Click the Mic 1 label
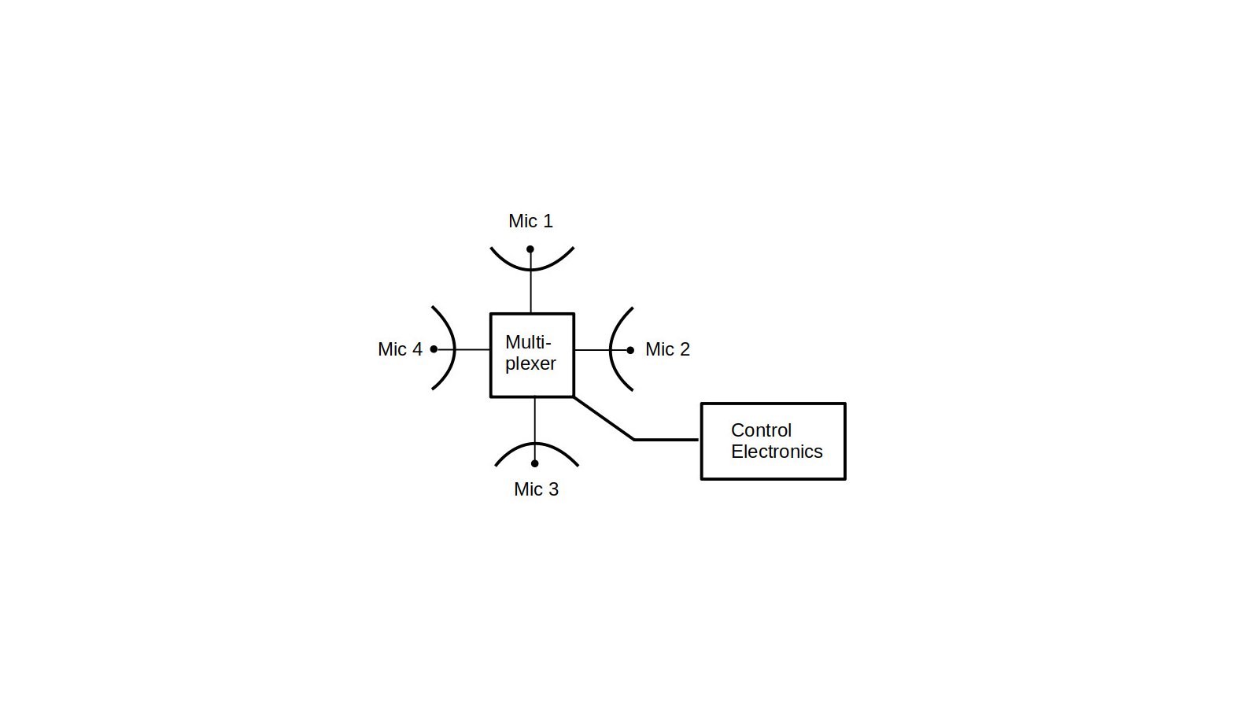click(x=530, y=221)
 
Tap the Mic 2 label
click(x=667, y=349)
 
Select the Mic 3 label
click(x=536, y=489)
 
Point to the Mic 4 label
click(x=400, y=349)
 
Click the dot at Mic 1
click(x=530, y=249)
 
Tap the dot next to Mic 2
click(x=630, y=350)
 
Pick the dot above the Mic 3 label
click(x=534, y=463)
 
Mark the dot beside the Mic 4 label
click(x=434, y=349)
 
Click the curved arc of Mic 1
click(x=532, y=270)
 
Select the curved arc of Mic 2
click(x=611, y=349)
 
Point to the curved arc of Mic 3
click(x=536, y=444)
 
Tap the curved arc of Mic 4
click(x=454, y=348)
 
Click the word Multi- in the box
click(x=528, y=342)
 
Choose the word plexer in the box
click(x=530, y=364)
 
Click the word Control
click(x=761, y=430)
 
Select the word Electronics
click(x=777, y=452)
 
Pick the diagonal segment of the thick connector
click(x=604, y=418)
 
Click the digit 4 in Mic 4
click(x=416, y=349)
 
